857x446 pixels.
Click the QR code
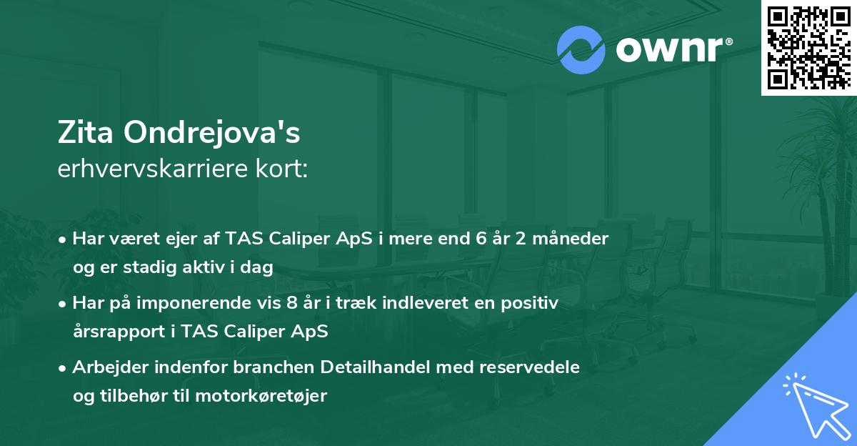(x=808, y=47)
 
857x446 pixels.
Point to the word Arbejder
(x=108, y=367)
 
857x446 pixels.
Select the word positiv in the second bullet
(x=531, y=303)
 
